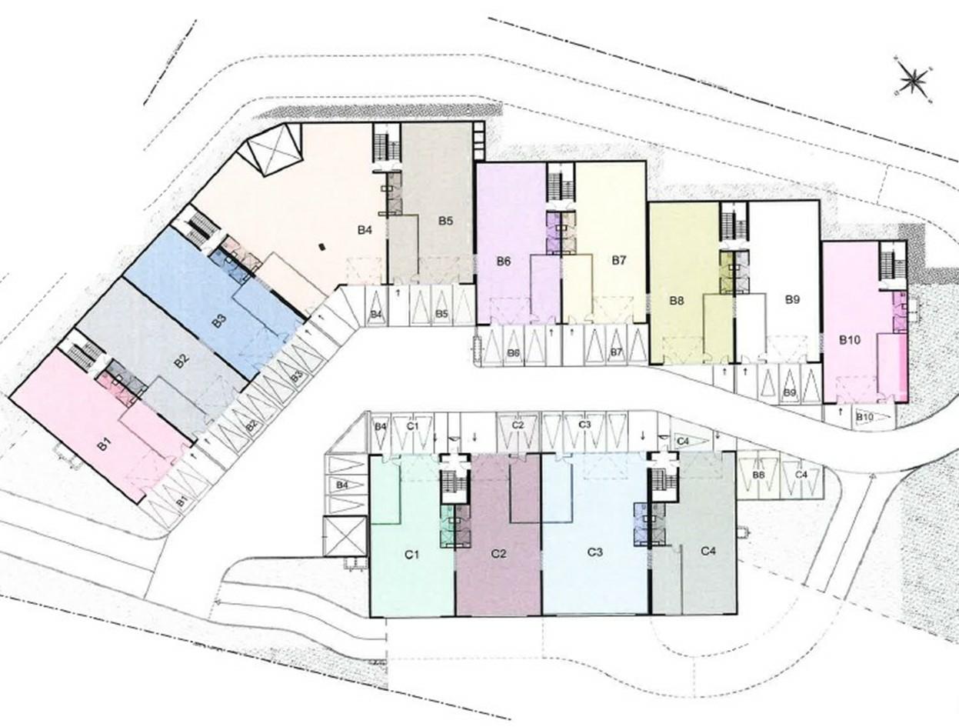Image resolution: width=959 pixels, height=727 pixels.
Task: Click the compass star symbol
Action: click(x=914, y=78)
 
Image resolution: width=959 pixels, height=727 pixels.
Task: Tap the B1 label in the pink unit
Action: click(x=105, y=445)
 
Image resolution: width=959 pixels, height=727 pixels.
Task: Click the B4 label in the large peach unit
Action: click(x=365, y=229)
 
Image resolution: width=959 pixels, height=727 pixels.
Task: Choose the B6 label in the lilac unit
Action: click(x=504, y=261)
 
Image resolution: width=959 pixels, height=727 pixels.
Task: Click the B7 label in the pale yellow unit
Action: click(x=619, y=261)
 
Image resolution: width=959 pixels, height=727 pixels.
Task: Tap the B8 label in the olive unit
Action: click(x=677, y=301)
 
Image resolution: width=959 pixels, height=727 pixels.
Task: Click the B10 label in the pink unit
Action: click(x=850, y=341)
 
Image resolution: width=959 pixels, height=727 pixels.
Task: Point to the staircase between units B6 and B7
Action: click(x=558, y=183)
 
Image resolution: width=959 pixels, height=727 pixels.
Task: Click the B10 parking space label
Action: click(x=864, y=418)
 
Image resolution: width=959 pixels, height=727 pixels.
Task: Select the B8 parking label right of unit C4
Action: click(x=758, y=475)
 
